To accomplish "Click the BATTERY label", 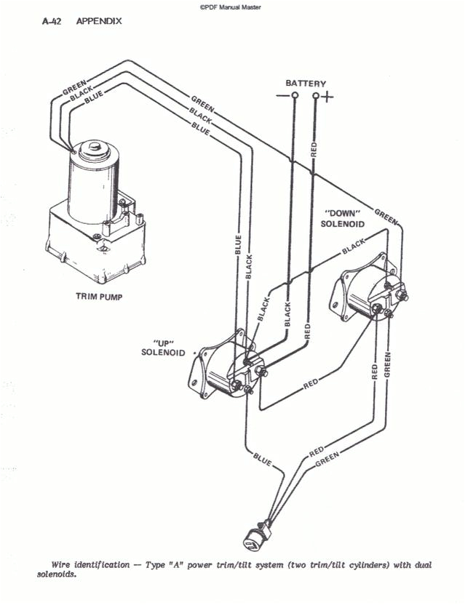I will [306, 84].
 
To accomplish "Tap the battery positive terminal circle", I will [315, 96].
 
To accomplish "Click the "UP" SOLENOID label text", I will [163, 348].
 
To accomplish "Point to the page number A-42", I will [52, 22].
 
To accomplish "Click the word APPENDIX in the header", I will [99, 22].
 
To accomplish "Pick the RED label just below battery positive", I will [314, 150].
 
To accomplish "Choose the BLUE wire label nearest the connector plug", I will [262, 457].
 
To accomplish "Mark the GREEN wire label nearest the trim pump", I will [74, 89].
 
